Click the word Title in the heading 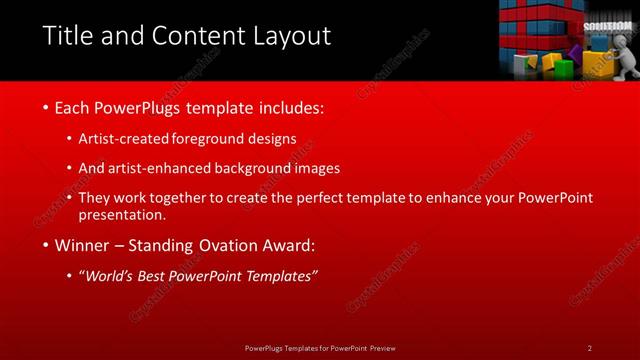click(x=66, y=37)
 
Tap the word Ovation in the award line click(x=231, y=245)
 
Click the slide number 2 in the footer click(x=589, y=348)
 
